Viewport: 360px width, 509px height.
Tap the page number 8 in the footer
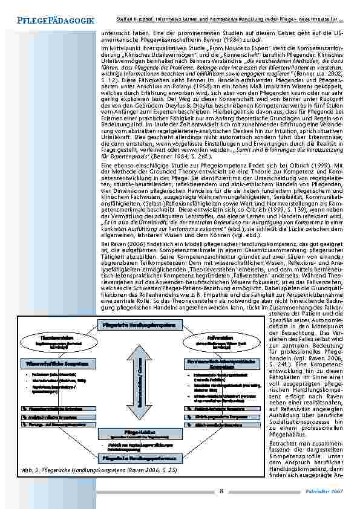[222, 491]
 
